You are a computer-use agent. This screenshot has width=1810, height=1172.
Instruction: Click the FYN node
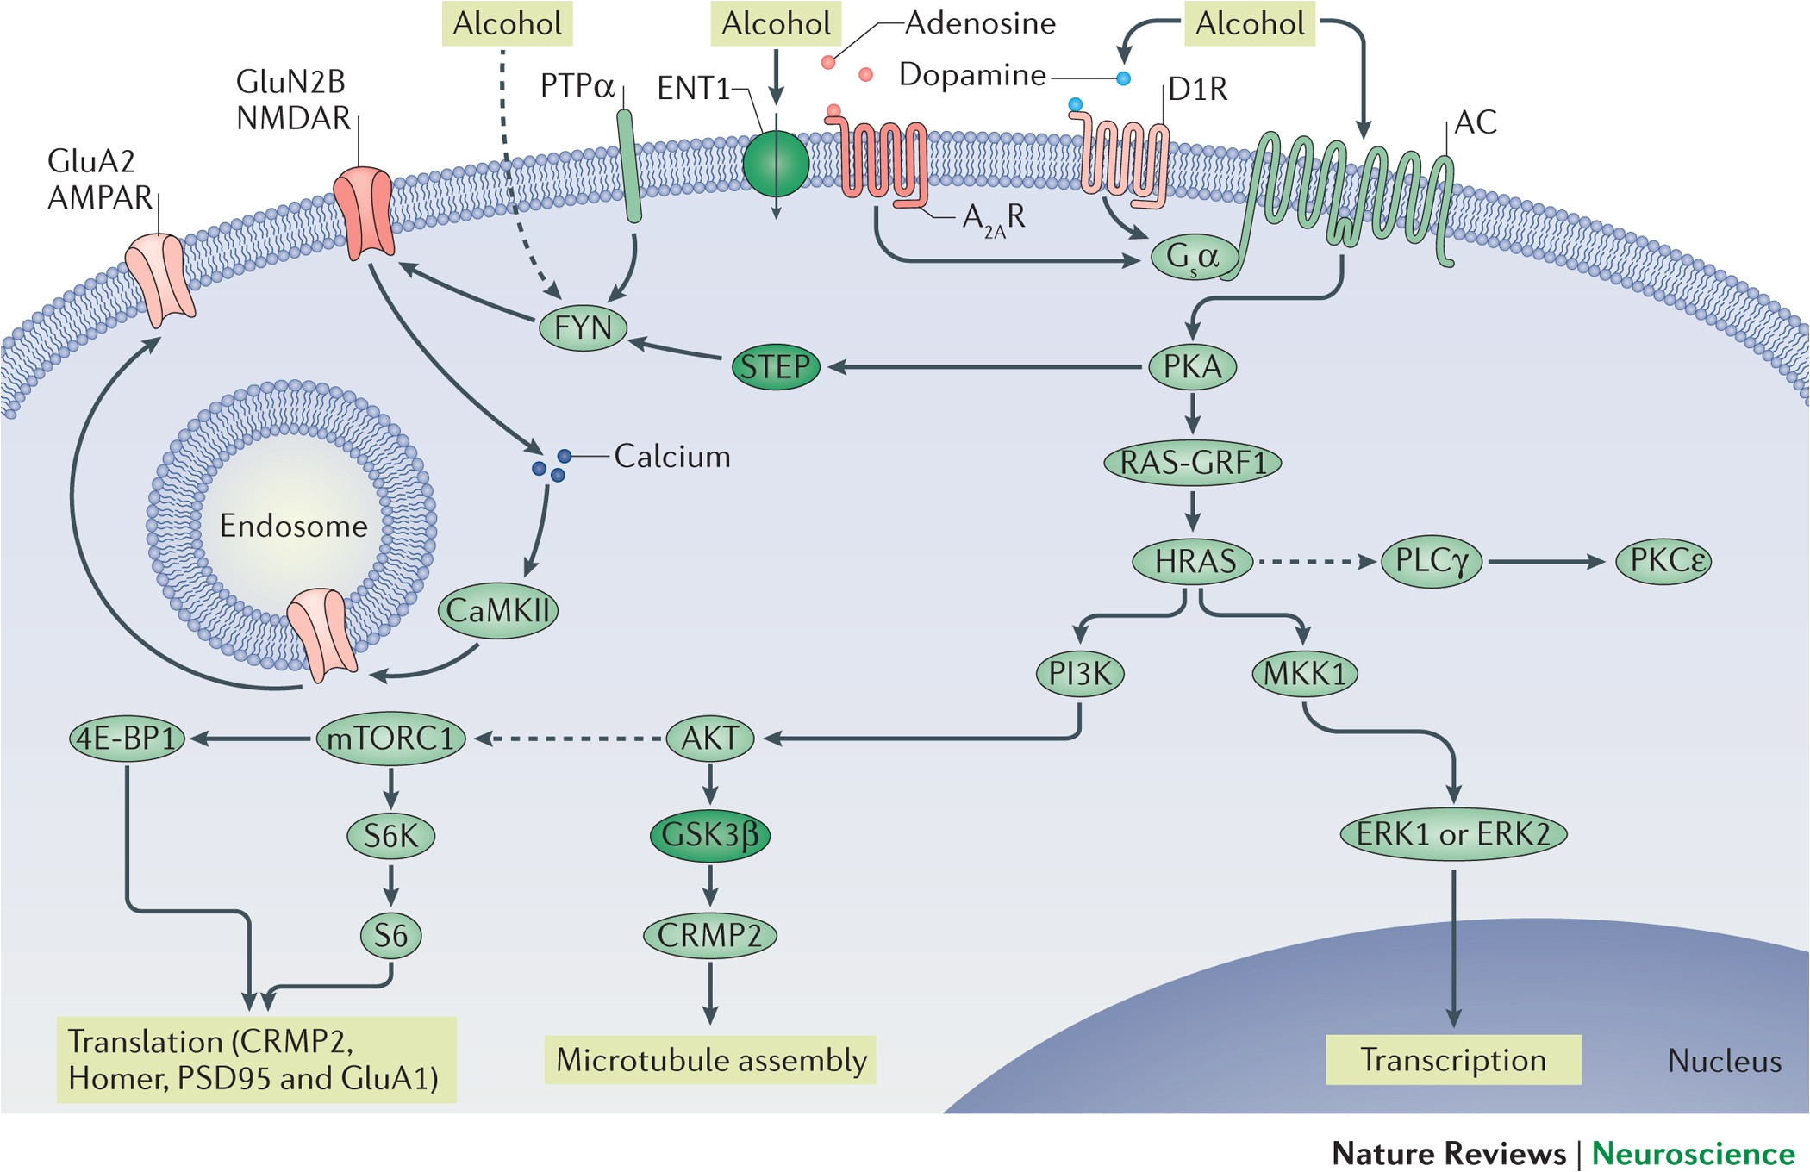[583, 328]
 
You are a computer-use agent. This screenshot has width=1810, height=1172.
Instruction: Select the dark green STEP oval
[776, 367]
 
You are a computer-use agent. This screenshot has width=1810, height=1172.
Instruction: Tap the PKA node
[1193, 367]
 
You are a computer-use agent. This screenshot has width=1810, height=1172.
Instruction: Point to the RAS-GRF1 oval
[1193, 463]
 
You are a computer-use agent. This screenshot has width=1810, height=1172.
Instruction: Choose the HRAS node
[1194, 562]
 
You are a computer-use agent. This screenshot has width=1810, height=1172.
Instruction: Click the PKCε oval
[1663, 561]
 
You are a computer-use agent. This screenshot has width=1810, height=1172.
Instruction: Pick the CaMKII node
[498, 611]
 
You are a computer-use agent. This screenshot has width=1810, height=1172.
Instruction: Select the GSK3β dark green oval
[709, 835]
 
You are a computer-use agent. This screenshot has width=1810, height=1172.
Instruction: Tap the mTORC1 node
[390, 739]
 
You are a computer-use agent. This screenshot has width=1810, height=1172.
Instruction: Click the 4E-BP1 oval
[127, 739]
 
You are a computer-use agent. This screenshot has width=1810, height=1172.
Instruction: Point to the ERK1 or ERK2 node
[1453, 834]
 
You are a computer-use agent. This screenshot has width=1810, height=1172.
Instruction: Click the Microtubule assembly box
[710, 1060]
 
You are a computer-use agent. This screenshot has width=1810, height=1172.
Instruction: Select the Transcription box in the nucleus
[1453, 1060]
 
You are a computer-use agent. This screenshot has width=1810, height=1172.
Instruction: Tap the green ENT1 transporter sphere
[776, 164]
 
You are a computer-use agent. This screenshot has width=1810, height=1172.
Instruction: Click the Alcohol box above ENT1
[776, 23]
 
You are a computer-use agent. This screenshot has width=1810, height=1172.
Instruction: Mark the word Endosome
[293, 526]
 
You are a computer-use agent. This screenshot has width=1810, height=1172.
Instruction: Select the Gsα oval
[1194, 256]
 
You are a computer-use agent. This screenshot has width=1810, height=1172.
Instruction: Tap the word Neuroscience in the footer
[1693, 1153]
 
